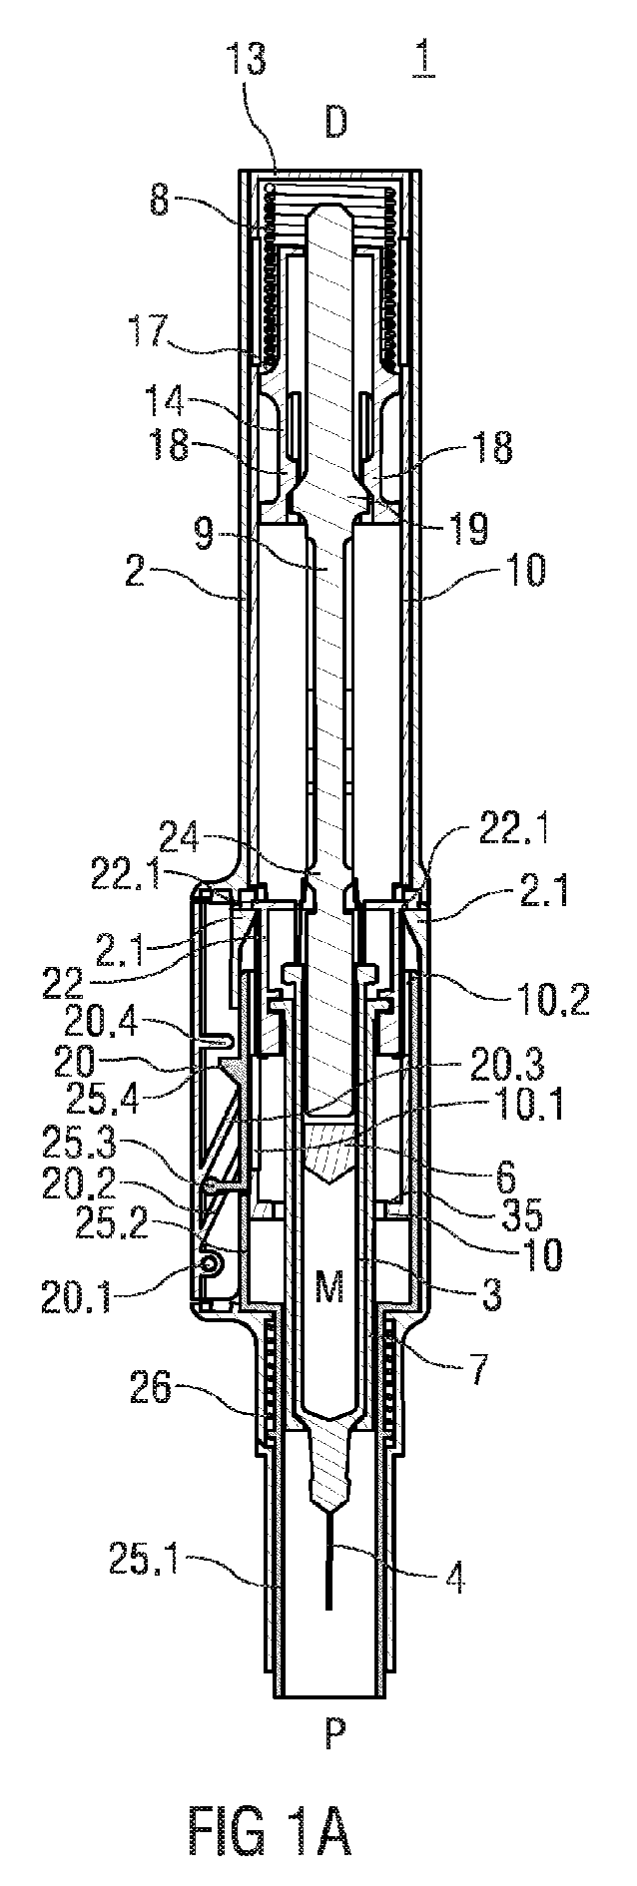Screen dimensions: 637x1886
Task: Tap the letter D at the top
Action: coord(335,123)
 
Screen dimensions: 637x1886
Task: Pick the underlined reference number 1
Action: coord(422,61)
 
